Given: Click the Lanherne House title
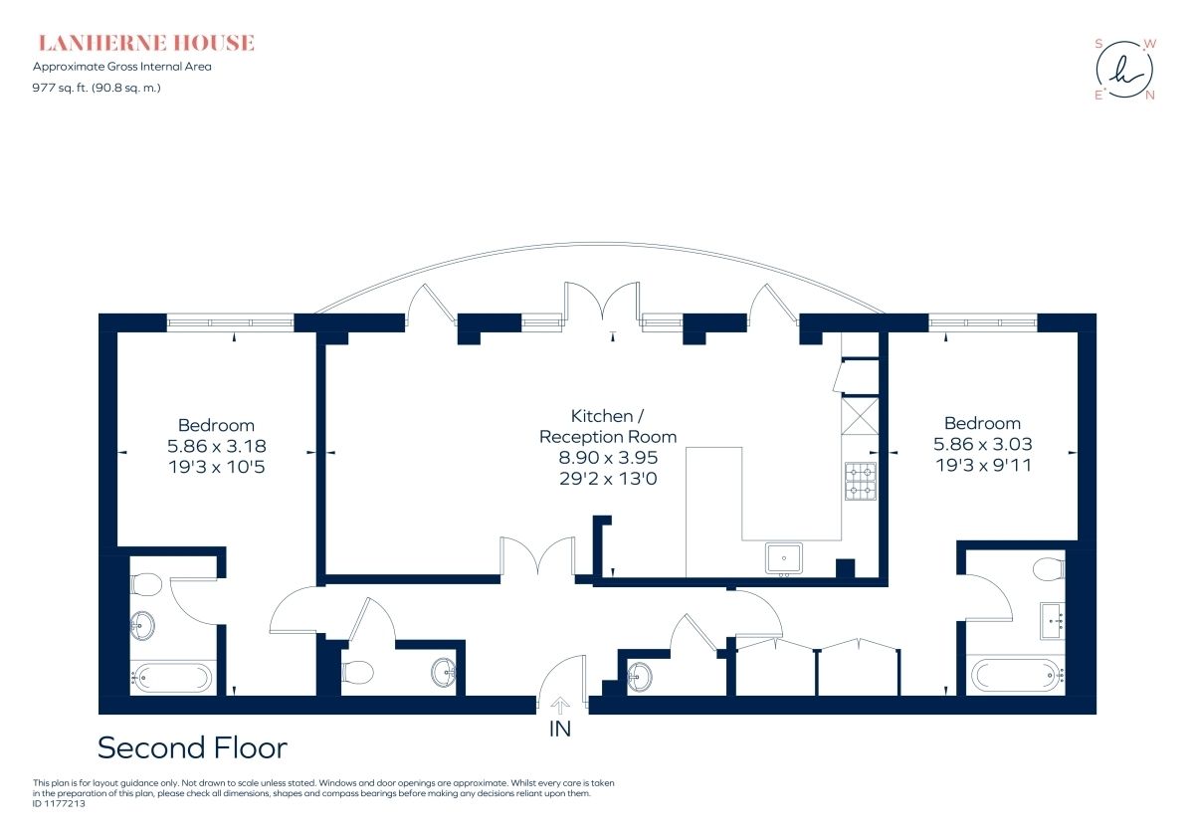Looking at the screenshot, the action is click(146, 43).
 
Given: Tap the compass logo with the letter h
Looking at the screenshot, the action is click(1124, 70).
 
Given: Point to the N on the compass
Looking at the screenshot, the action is click(1150, 96).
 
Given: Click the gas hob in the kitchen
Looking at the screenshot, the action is click(861, 481).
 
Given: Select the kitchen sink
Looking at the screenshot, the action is click(784, 558).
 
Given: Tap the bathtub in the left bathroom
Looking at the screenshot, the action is click(171, 678).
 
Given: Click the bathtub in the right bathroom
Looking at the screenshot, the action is click(1018, 675).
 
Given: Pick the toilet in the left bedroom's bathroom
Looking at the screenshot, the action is click(145, 584).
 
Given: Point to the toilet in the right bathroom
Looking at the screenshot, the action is click(1049, 569).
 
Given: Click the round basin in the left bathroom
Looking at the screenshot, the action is click(142, 626).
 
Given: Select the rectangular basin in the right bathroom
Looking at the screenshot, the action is click(1053, 621).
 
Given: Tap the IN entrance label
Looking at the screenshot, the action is click(559, 730).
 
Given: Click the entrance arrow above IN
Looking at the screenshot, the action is click(559, 706).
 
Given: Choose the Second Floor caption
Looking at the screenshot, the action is click(192, 747).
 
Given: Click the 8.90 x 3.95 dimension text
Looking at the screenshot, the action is click(608, 458).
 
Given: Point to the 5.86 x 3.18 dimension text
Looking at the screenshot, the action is click(217, 446).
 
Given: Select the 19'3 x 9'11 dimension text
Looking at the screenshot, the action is click(983, 465).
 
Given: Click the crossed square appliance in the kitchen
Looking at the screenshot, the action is click(860, 416).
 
